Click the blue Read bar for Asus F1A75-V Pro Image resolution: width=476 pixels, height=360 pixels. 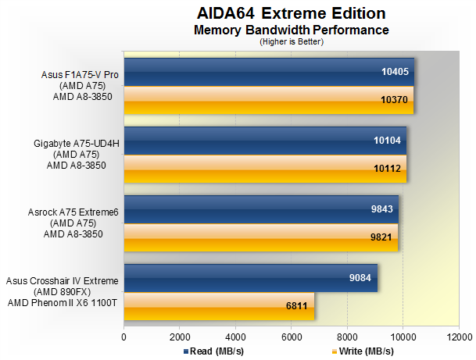click(x=269, y=71)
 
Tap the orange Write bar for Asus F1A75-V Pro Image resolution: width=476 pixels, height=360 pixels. click(x=269, y=99)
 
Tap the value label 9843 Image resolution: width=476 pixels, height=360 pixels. click(x=381, y=209)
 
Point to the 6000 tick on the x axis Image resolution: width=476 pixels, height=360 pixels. click(x=291, y=337)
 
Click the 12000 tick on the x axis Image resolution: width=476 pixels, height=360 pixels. click(x=459, y=337)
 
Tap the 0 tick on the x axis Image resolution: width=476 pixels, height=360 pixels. click(x=124, y=337)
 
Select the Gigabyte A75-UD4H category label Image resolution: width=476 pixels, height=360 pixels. click(x=69, y=144)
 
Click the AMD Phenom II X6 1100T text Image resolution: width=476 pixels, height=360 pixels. click(x=62, y=303)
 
